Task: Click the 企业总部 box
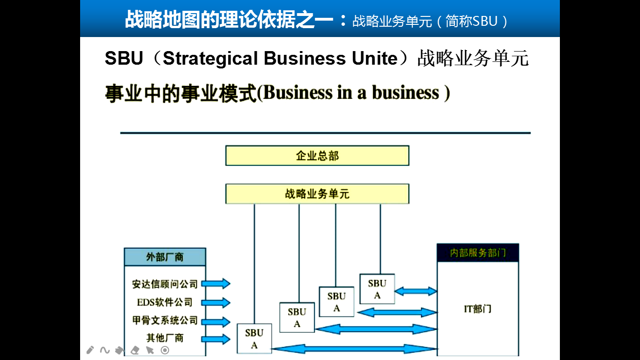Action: pos(317,156)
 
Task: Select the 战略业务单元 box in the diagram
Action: pos(317,194)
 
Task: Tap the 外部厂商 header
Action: pos(165,257)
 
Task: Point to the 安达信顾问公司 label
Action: pos(165,284)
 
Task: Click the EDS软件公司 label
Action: pos(165,302)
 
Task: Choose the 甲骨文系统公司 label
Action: pos(165,321)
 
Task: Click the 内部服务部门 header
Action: pos(478,253)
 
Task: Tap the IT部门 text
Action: pos(477,309)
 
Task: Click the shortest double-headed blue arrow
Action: pos(416,291)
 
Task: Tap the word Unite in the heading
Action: pos(375,59)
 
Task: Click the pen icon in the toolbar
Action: pos(90,350)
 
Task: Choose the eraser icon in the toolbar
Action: pos(135,350)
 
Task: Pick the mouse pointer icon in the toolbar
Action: pos(150,350)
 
